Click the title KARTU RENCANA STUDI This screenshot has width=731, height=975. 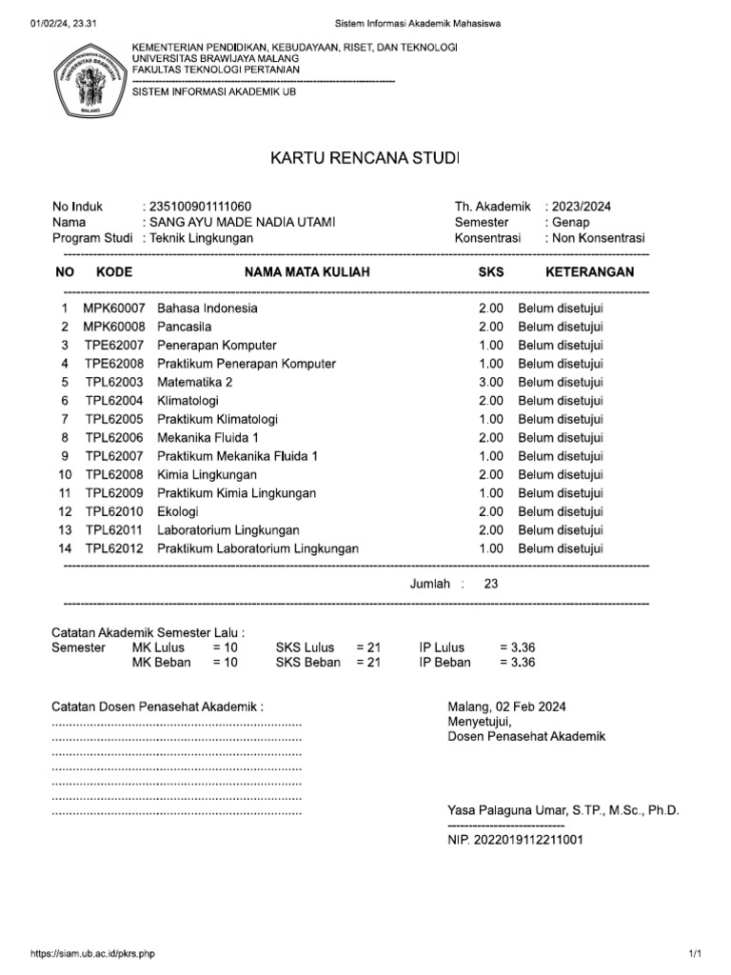365,157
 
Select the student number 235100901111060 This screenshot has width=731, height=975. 201,206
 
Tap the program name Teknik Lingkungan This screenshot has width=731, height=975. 201,238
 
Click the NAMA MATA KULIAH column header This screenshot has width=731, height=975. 307,272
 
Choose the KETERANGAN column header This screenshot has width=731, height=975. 589,272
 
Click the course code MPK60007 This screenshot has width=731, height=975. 115,308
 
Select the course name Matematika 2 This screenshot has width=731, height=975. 195,382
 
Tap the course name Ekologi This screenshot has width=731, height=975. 179,511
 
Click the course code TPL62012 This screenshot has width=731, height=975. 114,548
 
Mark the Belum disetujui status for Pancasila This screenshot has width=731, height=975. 561,327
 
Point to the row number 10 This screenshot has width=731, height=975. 65,474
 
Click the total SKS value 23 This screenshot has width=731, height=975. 491,584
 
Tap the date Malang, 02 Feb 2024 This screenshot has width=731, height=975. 506,706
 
